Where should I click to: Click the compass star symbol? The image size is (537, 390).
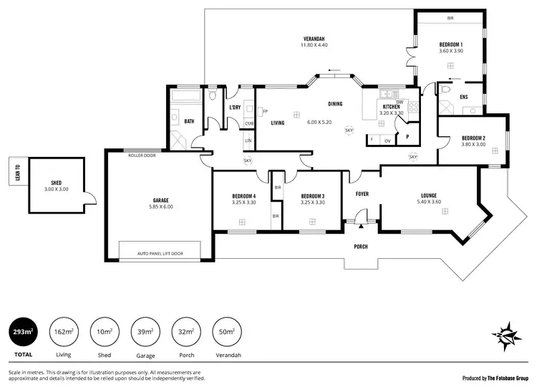pos(506,336)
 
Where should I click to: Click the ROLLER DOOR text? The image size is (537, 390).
pos(142,155)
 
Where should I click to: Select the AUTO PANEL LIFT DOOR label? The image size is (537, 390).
pos(160,253)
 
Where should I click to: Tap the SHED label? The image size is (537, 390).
pos(57,183)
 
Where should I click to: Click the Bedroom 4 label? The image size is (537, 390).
pos(244,196)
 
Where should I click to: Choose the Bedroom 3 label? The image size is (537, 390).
pos(313,196)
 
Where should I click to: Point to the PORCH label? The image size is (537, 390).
pos(361,247)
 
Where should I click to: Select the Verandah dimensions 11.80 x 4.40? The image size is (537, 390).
pos(314,45)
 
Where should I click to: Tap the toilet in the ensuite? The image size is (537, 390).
pos(445,90)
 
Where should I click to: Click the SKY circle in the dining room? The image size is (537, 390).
pos(349,130)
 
